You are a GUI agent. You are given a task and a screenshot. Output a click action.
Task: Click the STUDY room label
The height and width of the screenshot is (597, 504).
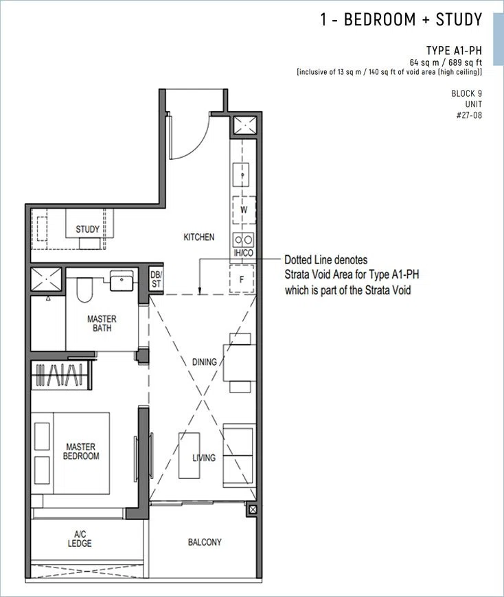point(87,229)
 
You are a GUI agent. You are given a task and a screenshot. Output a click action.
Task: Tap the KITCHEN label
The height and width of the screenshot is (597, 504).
point(199,237)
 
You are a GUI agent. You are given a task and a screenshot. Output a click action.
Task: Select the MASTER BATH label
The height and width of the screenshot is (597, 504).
point(102,323)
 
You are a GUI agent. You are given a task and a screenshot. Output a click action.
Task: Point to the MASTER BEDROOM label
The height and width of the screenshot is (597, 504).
point(81,451)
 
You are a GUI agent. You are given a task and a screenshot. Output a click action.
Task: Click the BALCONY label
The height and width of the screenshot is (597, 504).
point(205,542)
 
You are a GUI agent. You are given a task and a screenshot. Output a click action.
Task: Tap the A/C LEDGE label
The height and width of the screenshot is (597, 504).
point(80,539)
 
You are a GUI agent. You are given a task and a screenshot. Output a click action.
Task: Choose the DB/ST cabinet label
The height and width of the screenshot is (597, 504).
point(156,279)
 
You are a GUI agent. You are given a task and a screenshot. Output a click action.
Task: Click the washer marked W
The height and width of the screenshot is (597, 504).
point(244,209)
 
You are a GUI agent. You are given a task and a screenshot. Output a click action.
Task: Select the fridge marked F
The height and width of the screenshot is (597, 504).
point(242,279)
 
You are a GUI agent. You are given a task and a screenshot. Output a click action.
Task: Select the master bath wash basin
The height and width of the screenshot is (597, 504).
point(122,280)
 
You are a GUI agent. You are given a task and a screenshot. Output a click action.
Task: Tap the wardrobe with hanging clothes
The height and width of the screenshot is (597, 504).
point(61,375)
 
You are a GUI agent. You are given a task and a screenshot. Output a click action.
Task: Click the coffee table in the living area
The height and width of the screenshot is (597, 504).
point(190,456)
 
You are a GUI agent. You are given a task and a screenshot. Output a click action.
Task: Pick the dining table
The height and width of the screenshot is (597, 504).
point(240,362)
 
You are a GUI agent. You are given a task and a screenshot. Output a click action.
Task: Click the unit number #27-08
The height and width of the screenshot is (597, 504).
point(469,115)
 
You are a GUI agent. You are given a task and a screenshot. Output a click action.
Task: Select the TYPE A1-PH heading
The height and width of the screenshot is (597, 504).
point(454,50)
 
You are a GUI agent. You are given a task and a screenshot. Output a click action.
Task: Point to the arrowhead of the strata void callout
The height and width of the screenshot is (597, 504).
point(200,293)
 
